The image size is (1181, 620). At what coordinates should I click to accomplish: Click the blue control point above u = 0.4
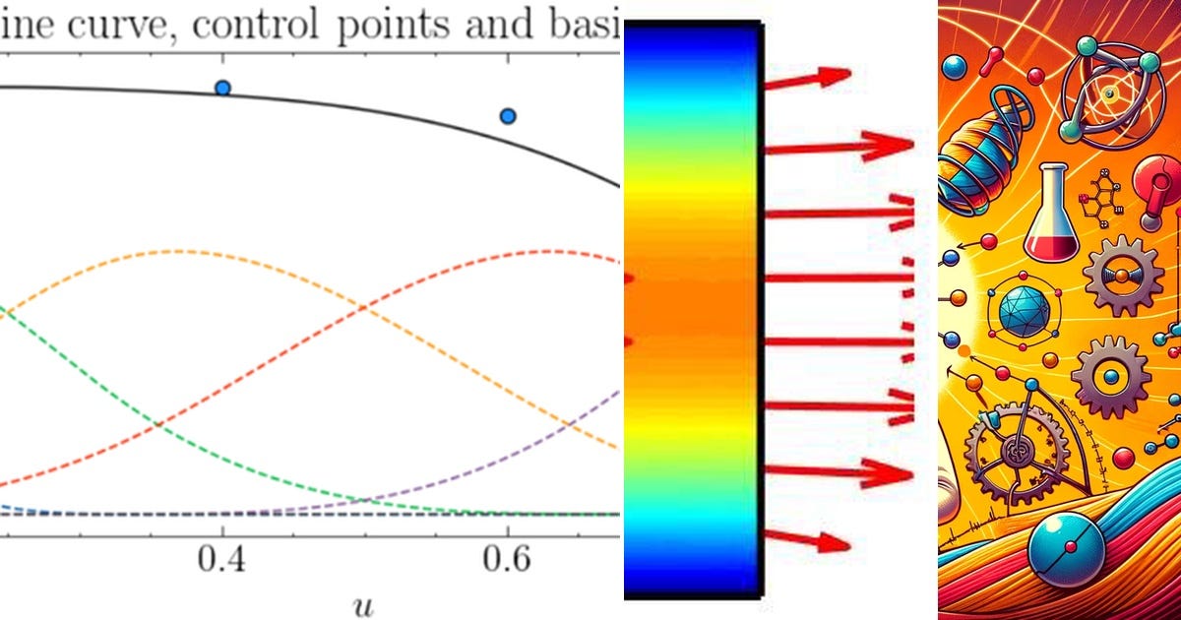(222, 89)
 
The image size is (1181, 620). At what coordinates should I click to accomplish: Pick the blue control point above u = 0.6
(508, 116)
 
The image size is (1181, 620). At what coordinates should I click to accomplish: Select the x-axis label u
(363, 601)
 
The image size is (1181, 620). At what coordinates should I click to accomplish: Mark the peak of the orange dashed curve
(177, 251)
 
